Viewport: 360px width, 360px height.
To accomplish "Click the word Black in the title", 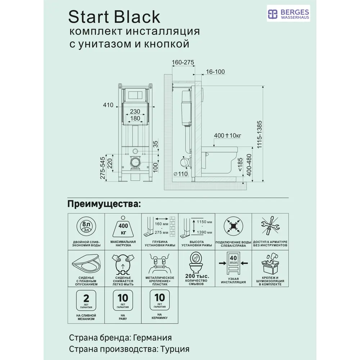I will [x=139, y=17].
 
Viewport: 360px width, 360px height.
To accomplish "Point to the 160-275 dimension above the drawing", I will [x=183, y=62].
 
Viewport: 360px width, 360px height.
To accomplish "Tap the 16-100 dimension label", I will [x=215, y=72].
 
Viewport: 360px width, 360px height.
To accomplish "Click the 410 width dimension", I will [x=108, y=105].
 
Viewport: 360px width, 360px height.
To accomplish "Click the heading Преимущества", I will [x=104, y=204].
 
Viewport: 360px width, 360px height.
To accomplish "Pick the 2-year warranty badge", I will [x=86, y=301].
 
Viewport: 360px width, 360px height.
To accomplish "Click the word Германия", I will [x=152, y=338].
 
